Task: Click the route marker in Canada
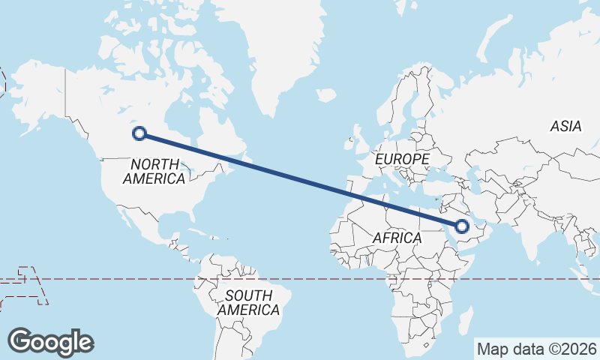[138, 133]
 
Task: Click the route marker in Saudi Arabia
[462, 225]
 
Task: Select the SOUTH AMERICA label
[248, 302]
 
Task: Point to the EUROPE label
[402, 159]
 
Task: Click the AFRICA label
[397, 237]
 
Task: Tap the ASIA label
[565, 126]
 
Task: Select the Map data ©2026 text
[536, 349]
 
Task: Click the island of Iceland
[326, 96]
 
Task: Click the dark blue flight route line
[300, 179]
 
